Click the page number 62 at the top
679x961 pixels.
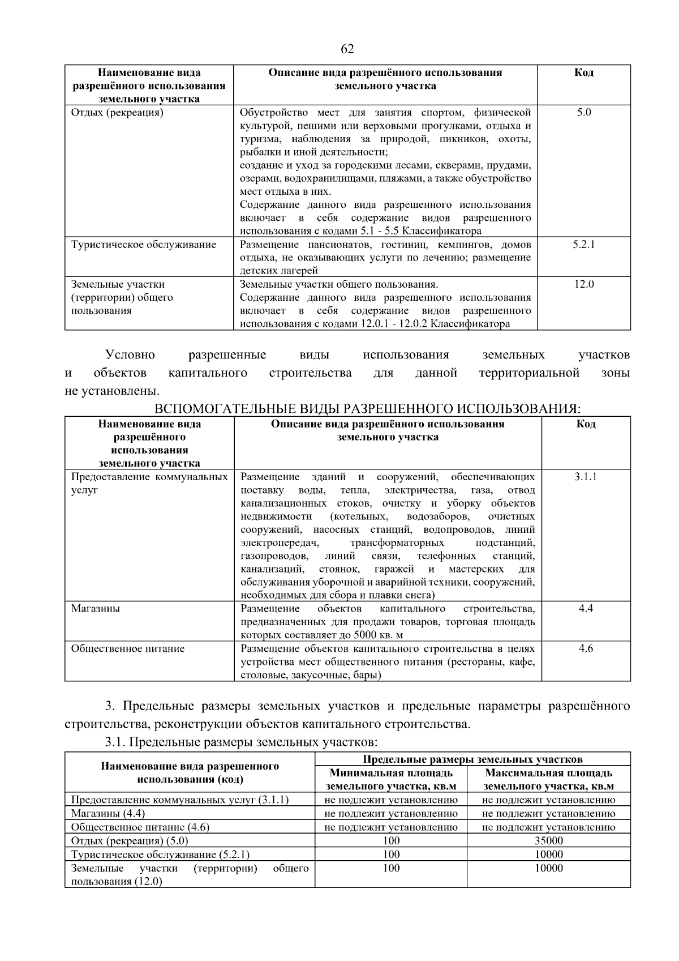click(x=347, y=49)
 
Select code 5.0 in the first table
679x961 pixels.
click(x=584, y=113)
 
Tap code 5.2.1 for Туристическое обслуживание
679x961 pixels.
click(x=584, y=245)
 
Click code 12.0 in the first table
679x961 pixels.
click(x=584, y=284)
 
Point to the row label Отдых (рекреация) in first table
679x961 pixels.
click(x=117, y=113)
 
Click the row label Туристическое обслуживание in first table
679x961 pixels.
click(x=144, y=245)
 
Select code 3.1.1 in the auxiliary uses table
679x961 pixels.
click(x=586, y=477)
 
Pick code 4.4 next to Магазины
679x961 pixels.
click(x=586, y=609)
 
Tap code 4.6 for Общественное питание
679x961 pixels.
click(x=586, y=648)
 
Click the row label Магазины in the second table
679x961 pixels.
click(x=96, y=609)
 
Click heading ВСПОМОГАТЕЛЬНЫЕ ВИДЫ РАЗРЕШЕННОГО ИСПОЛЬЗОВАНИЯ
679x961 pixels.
click(x=368, y=409)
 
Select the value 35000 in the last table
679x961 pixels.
click(x=549, y=840)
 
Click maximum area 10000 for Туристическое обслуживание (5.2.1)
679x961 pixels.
click(x=549, y=854)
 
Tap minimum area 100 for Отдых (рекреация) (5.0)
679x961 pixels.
click(x=391, y=840)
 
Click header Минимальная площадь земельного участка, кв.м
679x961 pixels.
click(x=391, y=780)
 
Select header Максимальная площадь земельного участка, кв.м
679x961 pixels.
click(x=549, y=780)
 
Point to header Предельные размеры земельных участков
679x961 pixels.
click(x=472, y=759)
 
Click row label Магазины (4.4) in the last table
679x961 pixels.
click(x=108, y=814)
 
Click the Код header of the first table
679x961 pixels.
click(x=584, y=72)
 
